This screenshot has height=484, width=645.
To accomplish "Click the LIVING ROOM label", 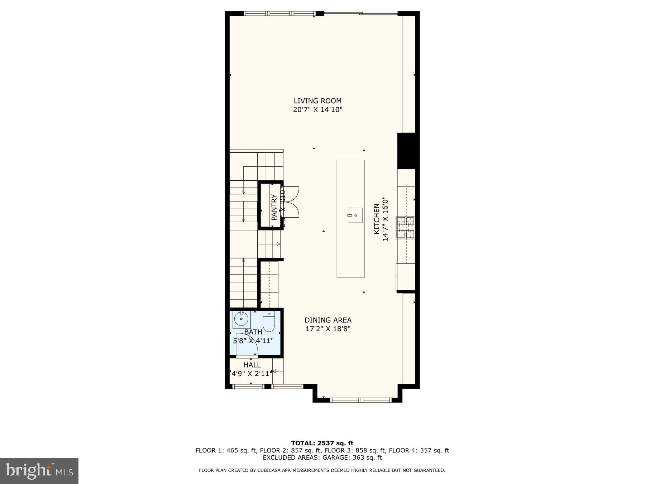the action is tap(317, 101).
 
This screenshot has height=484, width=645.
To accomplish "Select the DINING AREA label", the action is tap(328, 320).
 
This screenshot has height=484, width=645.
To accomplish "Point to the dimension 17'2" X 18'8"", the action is tap(328, 329).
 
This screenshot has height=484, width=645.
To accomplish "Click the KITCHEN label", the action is tap(377, 219).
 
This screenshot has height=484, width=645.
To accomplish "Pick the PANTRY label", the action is tap(274, 207).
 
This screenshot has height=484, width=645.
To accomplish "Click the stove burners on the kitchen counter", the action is tap(406, 227).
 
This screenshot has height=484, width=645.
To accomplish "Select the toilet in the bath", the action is tap(268, 322).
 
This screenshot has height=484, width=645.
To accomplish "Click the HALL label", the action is tap(252, 365).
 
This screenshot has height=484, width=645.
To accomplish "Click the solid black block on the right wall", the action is tap(407, 151).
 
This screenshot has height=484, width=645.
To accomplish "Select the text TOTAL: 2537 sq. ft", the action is tap(322, 443).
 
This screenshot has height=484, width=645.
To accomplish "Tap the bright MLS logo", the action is tap(39, 471).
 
